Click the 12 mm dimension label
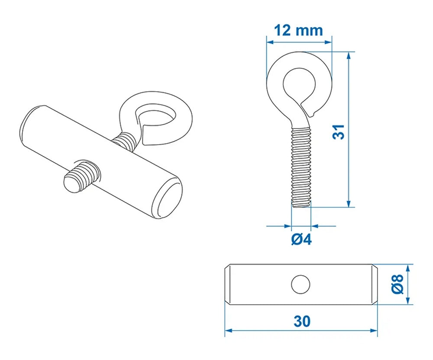[x=299, y=30]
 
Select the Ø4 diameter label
[x=301, y=239]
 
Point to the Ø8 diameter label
[x=399, y=284]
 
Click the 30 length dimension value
[x=301, y=321]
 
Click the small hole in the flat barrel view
[x=301, y=284]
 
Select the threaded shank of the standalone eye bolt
[x=301, y=164]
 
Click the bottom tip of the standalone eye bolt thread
[x=301, y=205]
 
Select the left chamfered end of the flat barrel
[x=228, y=284]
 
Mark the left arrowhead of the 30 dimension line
[x=228, y=331]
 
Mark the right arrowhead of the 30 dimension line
[x=375, y=331]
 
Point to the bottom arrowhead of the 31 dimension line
[x=349, y=204]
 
